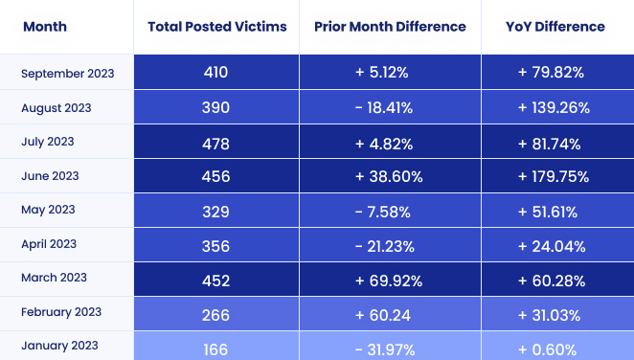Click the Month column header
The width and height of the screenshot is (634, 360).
(x=44, y=26)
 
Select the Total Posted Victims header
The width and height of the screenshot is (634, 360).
(x=216, y=26)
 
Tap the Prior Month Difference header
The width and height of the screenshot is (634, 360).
(x=390, y=26)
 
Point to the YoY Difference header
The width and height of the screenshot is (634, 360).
(x=555, y=26)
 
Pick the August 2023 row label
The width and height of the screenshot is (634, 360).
(x=56, y=107)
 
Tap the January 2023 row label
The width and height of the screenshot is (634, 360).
(x=59, y=346)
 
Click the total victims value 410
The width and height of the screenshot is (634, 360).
(x=216, y=73)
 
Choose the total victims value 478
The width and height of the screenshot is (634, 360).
(x=216, y=143)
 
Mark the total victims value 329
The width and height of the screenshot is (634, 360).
(x=216, y=211)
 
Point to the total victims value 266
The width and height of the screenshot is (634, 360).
(x=216, y=313)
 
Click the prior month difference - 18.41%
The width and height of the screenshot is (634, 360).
(x=383, y=108)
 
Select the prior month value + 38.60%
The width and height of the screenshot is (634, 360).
(x=383, y=177)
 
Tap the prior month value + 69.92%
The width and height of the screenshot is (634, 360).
(x=383, y=279)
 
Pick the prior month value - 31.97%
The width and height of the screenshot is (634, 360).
(x=383, y=347)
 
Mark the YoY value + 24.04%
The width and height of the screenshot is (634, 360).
(x=555, y=245)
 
